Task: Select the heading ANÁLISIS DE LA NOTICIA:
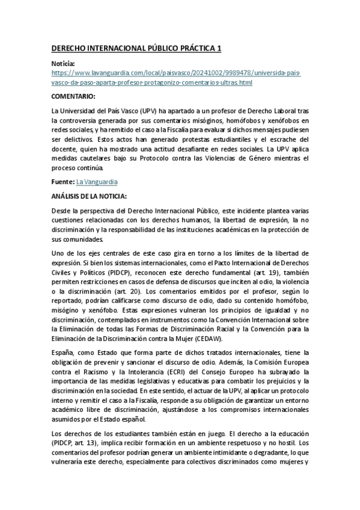(90, 196)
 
